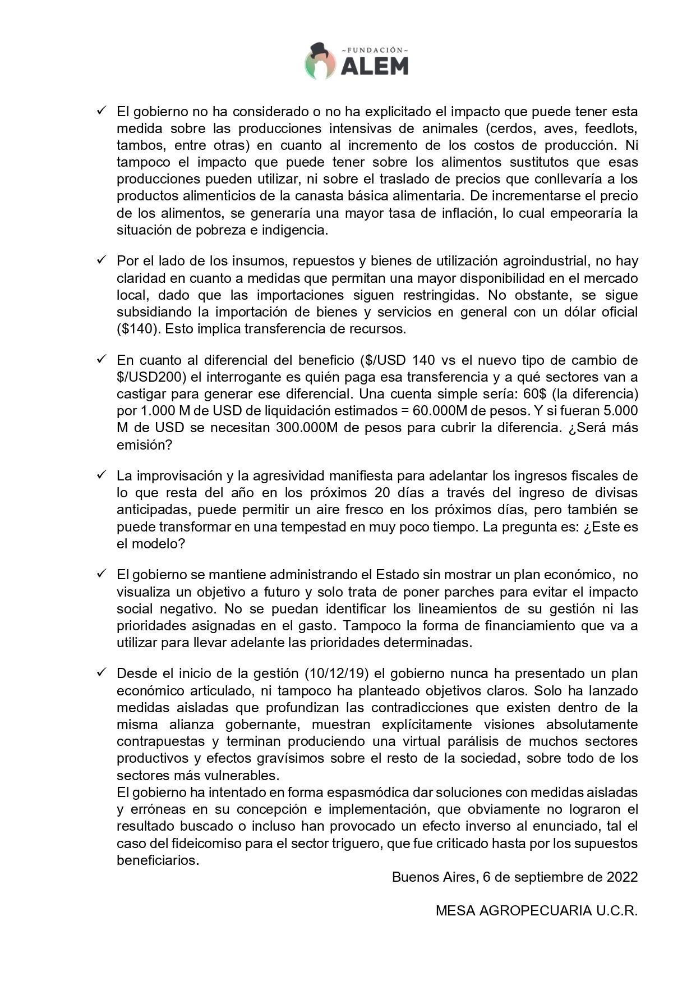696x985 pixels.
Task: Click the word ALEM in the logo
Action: point(374,66)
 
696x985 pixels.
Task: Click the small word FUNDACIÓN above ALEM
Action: point(374,50)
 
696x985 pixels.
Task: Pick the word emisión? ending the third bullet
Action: point(144,445)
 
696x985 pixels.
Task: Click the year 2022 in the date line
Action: point(622,877)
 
